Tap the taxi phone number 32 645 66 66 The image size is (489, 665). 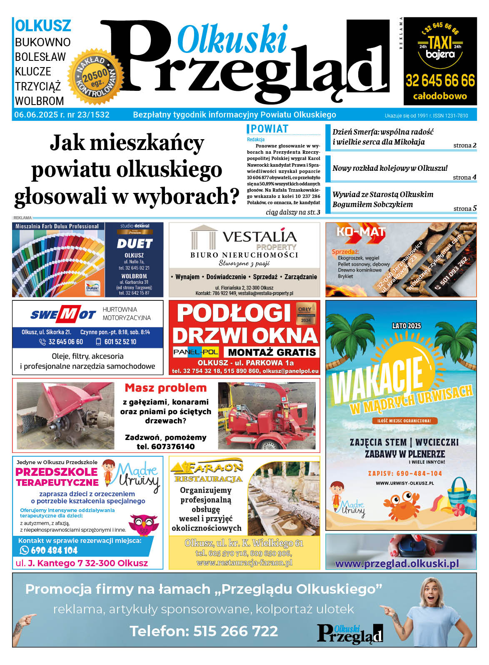pos(440,80)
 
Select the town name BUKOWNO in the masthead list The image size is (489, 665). pos(42,42)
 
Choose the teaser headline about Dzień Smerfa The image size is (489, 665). pos(383,137)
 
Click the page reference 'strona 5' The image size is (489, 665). pos(465,208)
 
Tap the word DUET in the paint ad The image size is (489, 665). pos(134,243)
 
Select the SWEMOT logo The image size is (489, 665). pos(63,315)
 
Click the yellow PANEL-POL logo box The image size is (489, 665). pos(196,352)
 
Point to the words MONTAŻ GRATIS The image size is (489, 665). pos(272,352)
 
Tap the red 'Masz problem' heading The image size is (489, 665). pos(165,388)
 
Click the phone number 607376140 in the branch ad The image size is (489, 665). pos(165,446)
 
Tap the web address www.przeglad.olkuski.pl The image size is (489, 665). pos(397,563)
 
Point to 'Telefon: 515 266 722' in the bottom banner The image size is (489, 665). pos(204,631)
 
